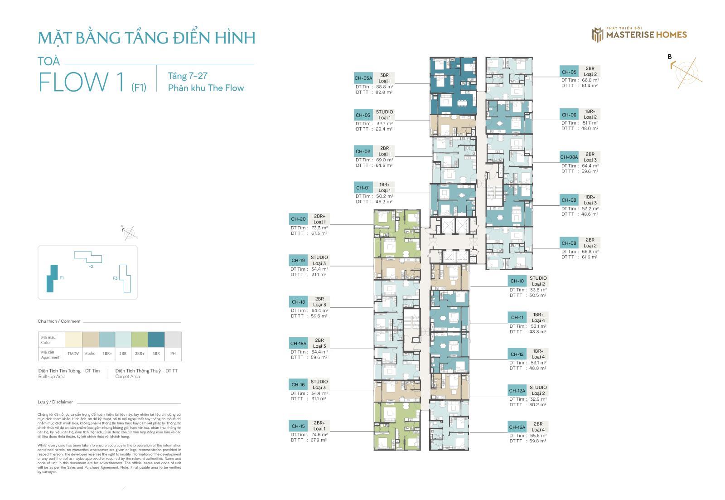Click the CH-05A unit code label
(363, 78)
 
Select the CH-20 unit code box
(298, 219)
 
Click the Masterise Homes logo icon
(597, 34)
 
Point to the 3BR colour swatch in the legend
(156, 339)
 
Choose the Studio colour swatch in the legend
(90, 339)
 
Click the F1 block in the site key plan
(53, 278)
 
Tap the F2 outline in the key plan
(88, 257)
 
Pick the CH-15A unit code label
(517, 427)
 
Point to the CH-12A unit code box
(517, 390)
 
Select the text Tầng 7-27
(188, 76)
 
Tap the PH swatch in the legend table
(173, 339)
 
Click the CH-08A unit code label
(569, 157)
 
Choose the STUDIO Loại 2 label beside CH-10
(538, 281)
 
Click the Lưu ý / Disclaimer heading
(55, 402)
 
